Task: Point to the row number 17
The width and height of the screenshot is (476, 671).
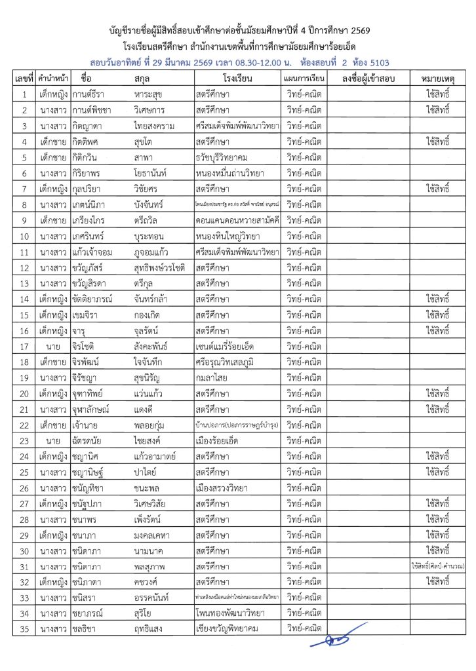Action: [23, 345]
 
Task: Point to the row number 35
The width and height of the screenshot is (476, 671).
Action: [23, 630]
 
